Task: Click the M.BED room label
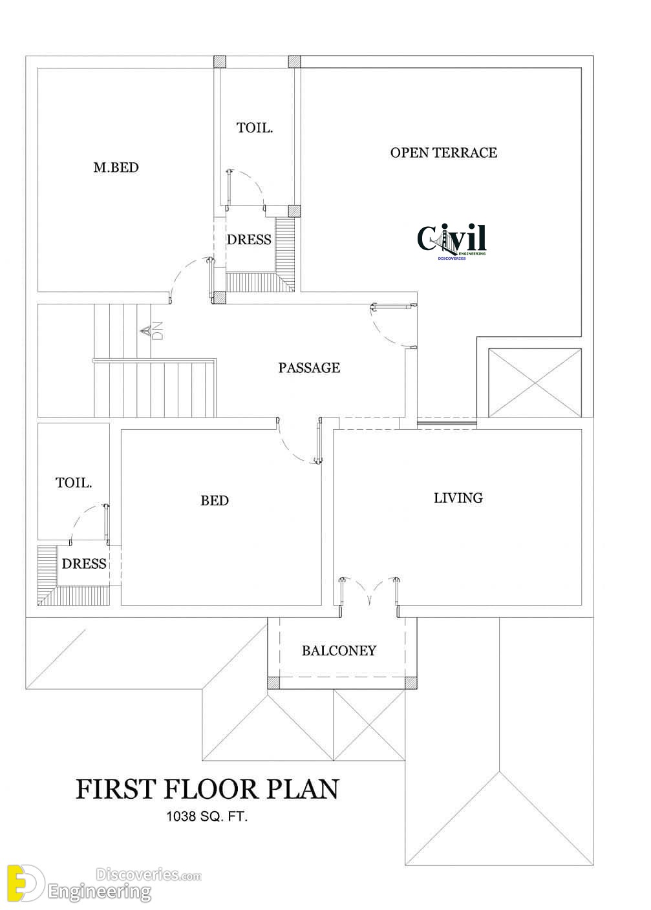click(x=116, y=167)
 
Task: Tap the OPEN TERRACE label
click(x=443, y=153)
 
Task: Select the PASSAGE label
click(x=309, y=368)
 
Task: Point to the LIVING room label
click(x=458, y=498)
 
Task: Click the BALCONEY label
click(x=339, y=650)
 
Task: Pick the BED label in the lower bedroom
click(x=215, y=500)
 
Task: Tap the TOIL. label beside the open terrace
click(x=255, y=128)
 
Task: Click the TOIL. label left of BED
click(x=74, y=483)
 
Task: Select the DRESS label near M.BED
click(x=249, y=240)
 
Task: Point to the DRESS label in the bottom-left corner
click(x=84, y=564)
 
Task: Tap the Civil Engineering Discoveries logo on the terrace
click(x=451, y=242)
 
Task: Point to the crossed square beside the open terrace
click(x=535, y=383)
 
